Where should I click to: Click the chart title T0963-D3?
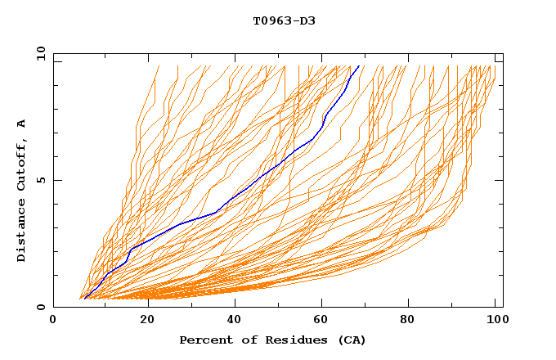pos(284,20)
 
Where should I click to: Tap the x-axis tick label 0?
pos(53,322)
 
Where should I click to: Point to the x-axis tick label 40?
pos(235,322)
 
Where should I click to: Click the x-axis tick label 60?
pos(325,322)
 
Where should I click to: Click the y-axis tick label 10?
pos(39,53)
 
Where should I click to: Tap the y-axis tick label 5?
pos(42,180)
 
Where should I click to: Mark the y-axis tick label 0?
pos(42,307)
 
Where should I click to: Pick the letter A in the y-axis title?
pos(22,124)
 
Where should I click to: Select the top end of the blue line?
pos(358,66)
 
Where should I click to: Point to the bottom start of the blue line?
pos(85,299)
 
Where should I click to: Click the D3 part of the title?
pos(307,20)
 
